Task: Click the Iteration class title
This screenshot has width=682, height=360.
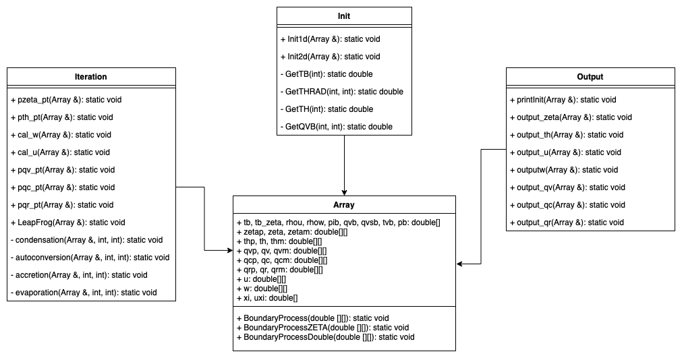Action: point(90,77)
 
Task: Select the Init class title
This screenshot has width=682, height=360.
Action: point(344,16)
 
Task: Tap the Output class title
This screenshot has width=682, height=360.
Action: point(590,77)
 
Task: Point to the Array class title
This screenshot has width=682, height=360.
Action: point(344,205)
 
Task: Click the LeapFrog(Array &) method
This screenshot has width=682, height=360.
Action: point(67,222)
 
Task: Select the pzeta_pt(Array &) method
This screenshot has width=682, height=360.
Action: point(66,100)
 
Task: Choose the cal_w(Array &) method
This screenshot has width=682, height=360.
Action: point(61,135)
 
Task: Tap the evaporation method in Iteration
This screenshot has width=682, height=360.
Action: point(84,293)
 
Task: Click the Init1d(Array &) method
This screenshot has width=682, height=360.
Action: point(330,39)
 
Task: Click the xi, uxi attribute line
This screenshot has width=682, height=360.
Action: point(267,297)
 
